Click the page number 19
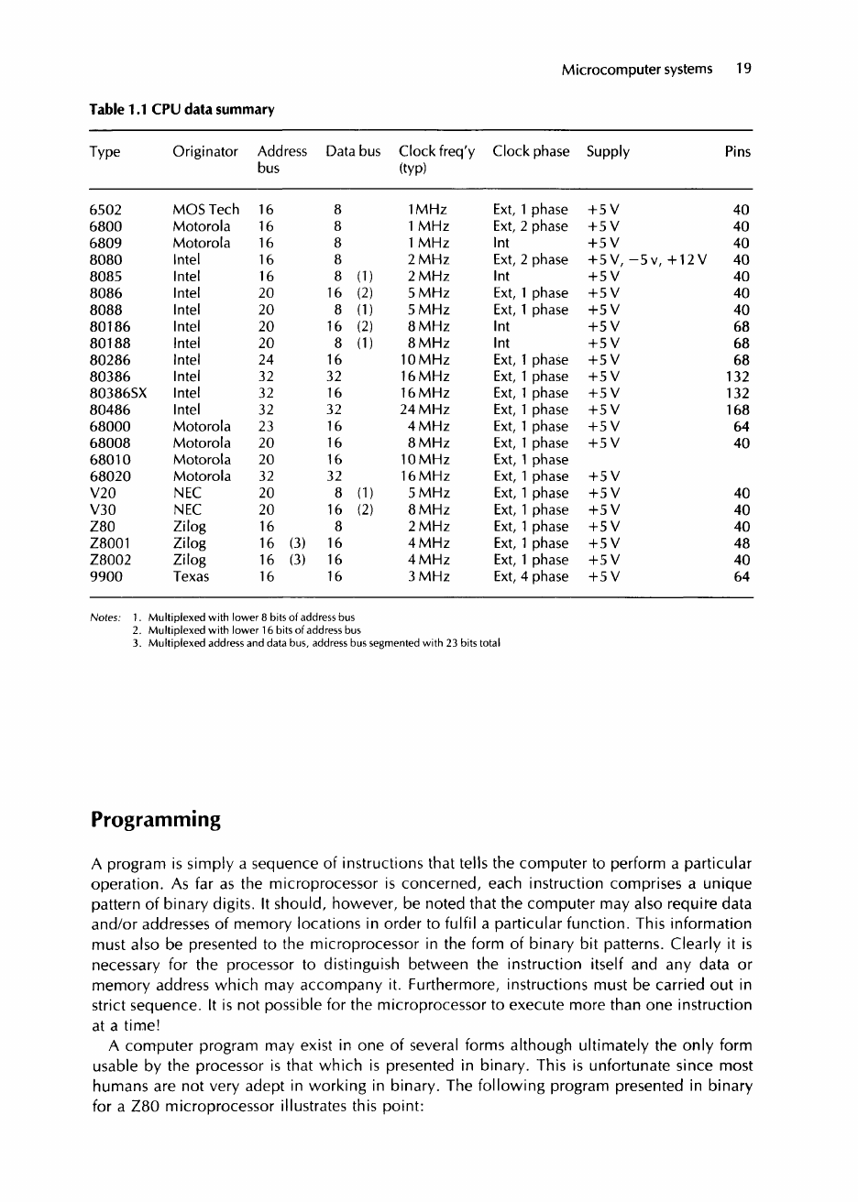[x=743, y=69]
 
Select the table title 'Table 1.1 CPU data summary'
[x=181, y=110]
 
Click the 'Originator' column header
[x=205, y=152]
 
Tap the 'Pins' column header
[x=737, y=152]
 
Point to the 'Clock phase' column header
[x=531, y=152]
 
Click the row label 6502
[x=106, y=210]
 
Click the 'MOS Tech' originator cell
[x=205, y=210]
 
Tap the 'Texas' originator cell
[x=191, y=576]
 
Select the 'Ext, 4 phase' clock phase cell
[x=531, y=576]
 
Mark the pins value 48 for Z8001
[x=742, y=543]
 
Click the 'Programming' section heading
[x=156, y=819]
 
